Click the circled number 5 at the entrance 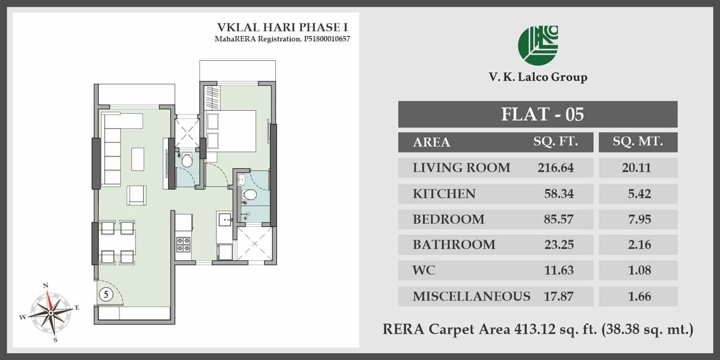pyautogui.click(x=106, y=294)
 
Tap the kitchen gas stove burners pyautogui.click(x=183, y=244)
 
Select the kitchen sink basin pyautogui.click(x=225, y=220)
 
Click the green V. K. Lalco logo pyautogui.click(x=538, y=45)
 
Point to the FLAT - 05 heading pyautogui.click(x=543, y=114)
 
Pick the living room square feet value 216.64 pyautogui.click(x=555, y=168)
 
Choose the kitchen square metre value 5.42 pyautogui.click(x=639, y=194)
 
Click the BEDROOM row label pyautogui.click(x=448, y=220)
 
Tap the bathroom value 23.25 pyautogui.click(x=559, y=245)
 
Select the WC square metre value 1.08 pyautogui.click(x=639, y=270)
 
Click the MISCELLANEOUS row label pyautogui.click(x=471, y=297)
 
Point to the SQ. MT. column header pyautogui.click(x=638, y=141)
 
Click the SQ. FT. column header pyautogui.click(x=556, y=141)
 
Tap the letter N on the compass pyautogui.click(x=45, y=285)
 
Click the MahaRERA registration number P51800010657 pyautogui.click(x=327, y=39)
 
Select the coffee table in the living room pyautogui.click(x=138, y=159)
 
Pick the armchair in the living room pyautogui.click(x=136, y=195)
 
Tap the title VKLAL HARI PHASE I pyautogui.click(x=282, y=27)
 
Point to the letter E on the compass pyautogui.click(x=77, y=308)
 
